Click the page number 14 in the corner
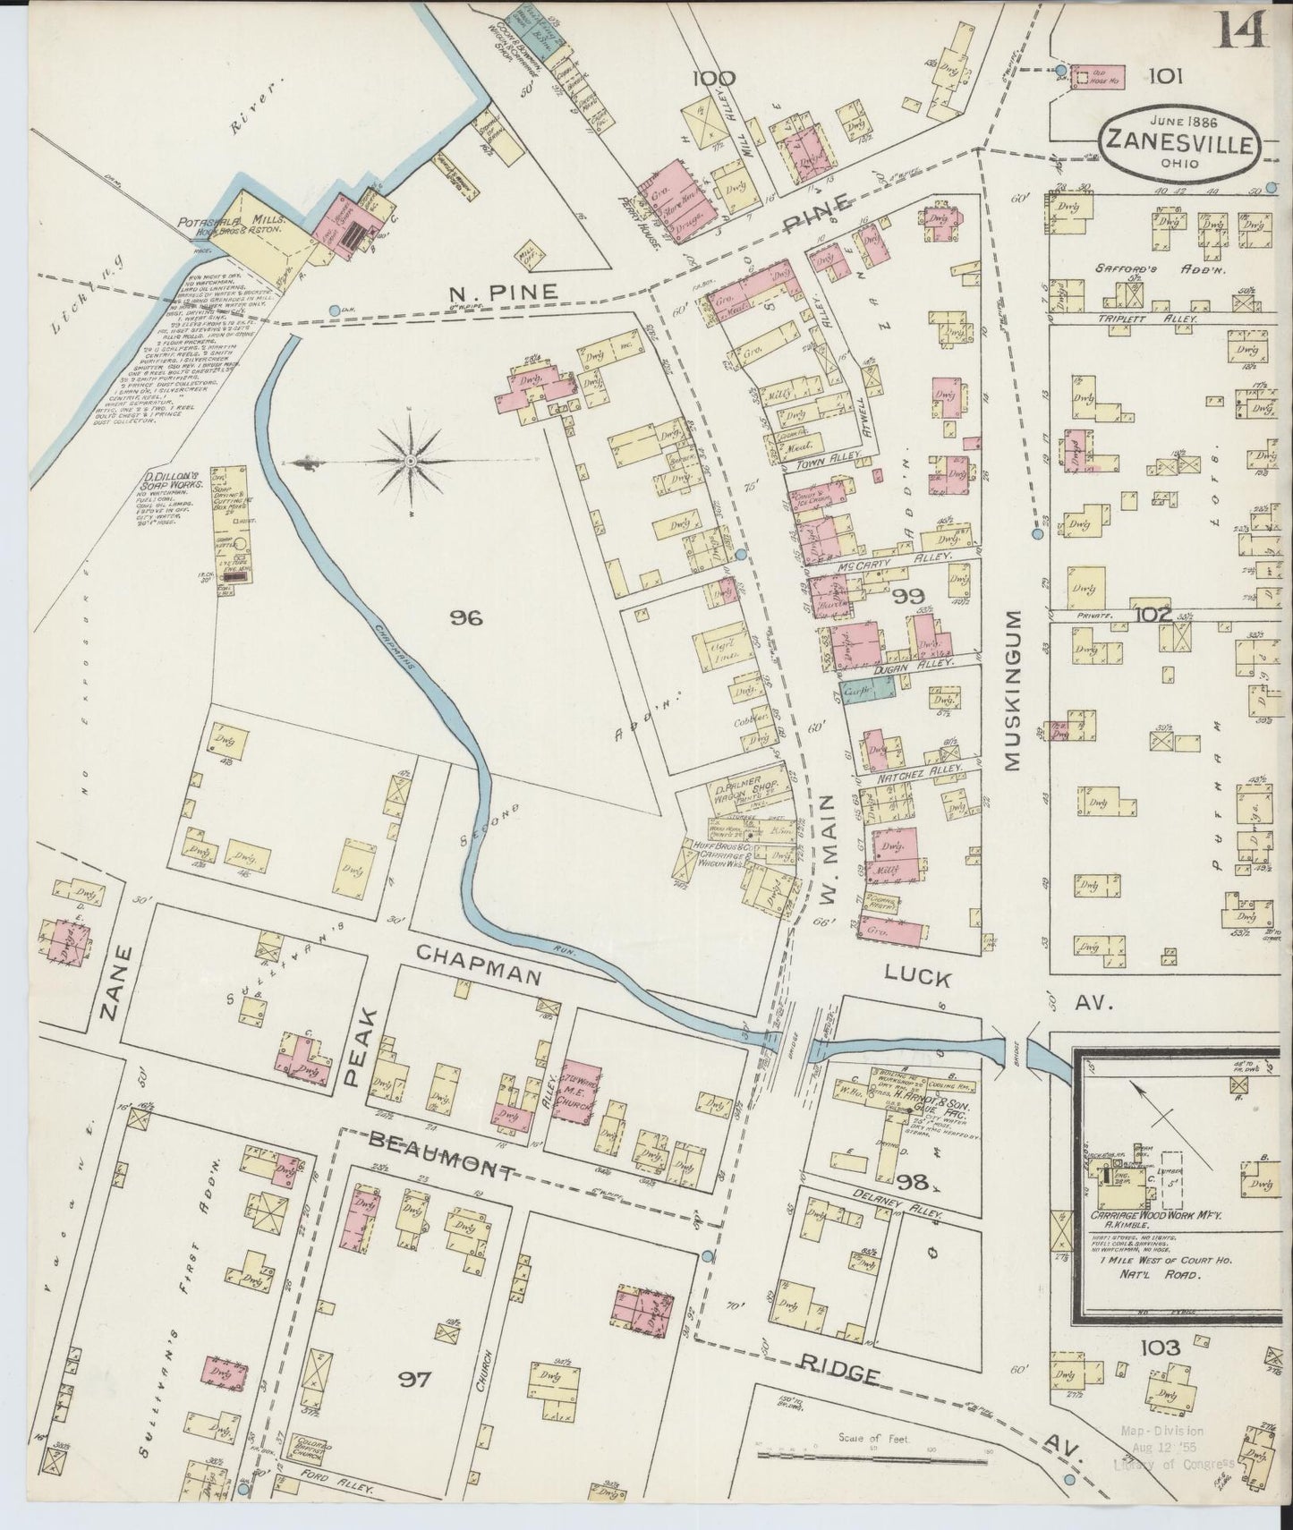point(1243,31)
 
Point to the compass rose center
point(410,461)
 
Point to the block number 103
point(1160,1347)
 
